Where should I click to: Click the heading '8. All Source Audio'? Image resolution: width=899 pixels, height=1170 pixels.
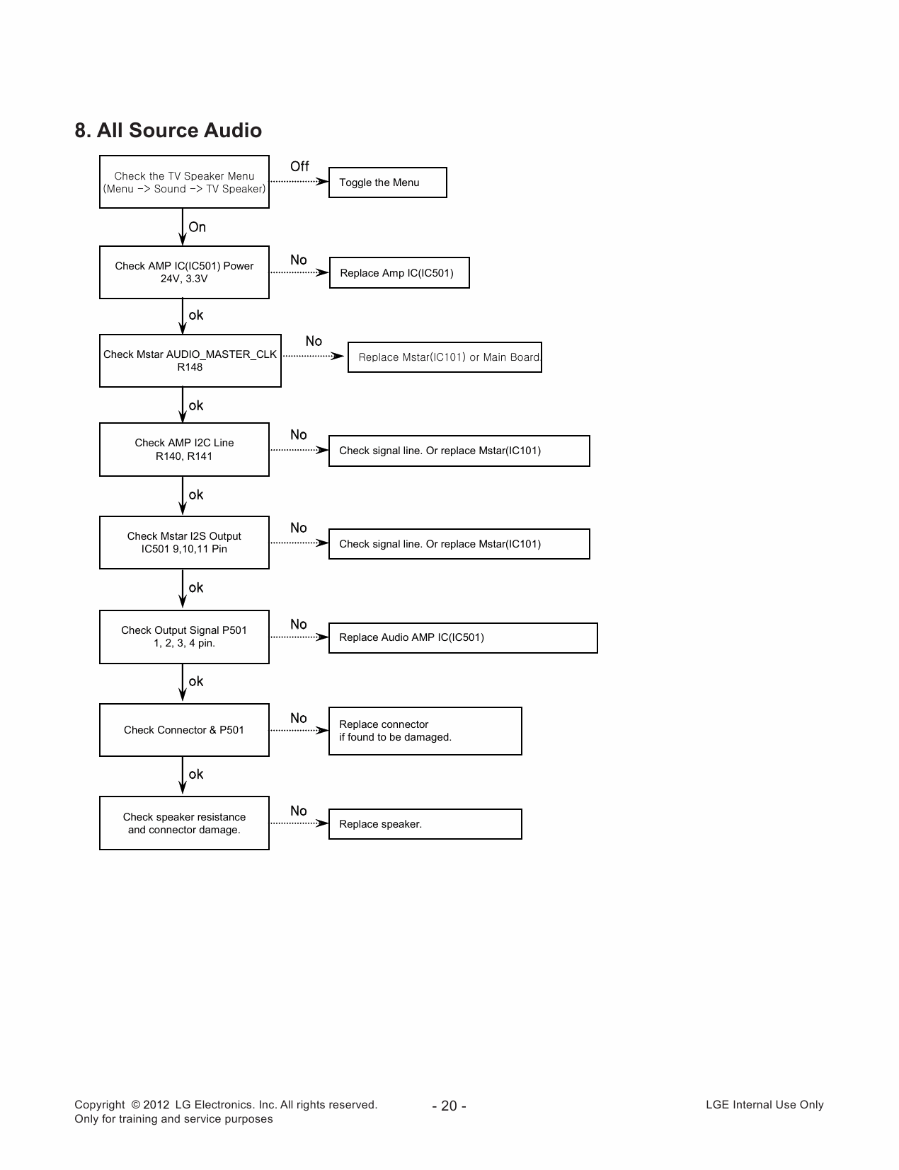168,130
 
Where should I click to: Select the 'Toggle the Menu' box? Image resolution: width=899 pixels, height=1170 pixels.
387,183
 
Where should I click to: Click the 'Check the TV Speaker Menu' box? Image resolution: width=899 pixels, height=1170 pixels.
184,182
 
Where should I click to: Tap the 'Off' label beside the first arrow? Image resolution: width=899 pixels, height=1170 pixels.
299,166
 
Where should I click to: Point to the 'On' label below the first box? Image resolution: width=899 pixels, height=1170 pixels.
197,227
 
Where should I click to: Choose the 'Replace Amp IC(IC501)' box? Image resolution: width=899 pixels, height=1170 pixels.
399,273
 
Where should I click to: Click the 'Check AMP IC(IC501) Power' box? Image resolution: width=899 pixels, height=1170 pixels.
184,272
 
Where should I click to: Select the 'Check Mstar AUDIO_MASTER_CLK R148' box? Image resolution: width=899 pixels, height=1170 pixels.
190,361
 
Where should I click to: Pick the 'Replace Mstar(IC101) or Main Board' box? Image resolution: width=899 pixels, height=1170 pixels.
445,357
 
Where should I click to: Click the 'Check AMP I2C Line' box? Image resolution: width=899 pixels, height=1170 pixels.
184,449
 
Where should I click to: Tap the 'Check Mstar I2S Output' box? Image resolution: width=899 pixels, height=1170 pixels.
184,543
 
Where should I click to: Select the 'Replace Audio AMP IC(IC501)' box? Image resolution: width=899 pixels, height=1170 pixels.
463,637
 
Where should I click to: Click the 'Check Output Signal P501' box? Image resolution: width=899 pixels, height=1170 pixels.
184,637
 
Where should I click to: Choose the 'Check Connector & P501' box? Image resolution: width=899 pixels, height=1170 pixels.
184,730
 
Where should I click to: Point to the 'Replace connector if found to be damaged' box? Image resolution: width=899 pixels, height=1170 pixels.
425,731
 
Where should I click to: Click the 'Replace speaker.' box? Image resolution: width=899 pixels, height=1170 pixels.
425,824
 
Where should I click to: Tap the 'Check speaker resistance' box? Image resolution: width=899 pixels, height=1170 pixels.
184,823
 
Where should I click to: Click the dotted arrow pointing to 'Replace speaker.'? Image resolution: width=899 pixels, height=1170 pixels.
299,823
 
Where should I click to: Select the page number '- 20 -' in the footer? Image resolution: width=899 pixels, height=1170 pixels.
449,1106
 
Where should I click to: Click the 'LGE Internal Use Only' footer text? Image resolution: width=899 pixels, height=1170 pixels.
765,1105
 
